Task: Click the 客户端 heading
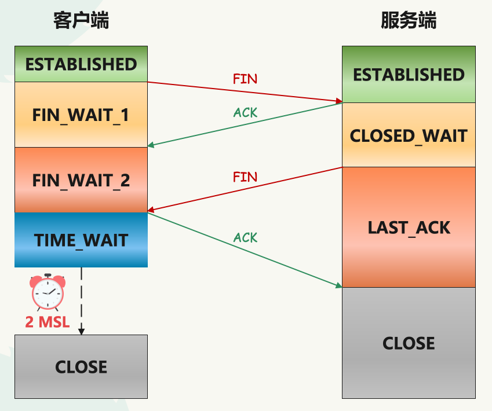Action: point(81,20)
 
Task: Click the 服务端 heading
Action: point(409,20)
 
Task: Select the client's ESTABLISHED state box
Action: point(81,64)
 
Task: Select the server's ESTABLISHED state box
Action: point(409,74)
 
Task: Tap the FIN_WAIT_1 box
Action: point(81,115)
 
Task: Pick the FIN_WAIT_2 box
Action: point(81,180)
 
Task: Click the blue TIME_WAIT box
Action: point(81,240)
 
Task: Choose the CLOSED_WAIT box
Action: point(409,135)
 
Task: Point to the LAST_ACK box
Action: point(409,227)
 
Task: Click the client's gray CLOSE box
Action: point(81,366)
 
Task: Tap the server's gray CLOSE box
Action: point(409,343)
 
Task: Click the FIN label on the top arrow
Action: point(245,79)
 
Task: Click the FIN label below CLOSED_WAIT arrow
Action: point(245,177)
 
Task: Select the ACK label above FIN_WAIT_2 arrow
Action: point(245,112)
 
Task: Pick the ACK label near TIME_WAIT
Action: point(245,237)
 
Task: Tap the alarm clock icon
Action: point(48,292)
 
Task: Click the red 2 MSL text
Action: point(48,322)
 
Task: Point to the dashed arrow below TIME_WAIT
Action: point(81,301)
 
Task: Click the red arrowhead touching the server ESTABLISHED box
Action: point(339,101)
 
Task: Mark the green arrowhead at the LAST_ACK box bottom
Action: point(339,285)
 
